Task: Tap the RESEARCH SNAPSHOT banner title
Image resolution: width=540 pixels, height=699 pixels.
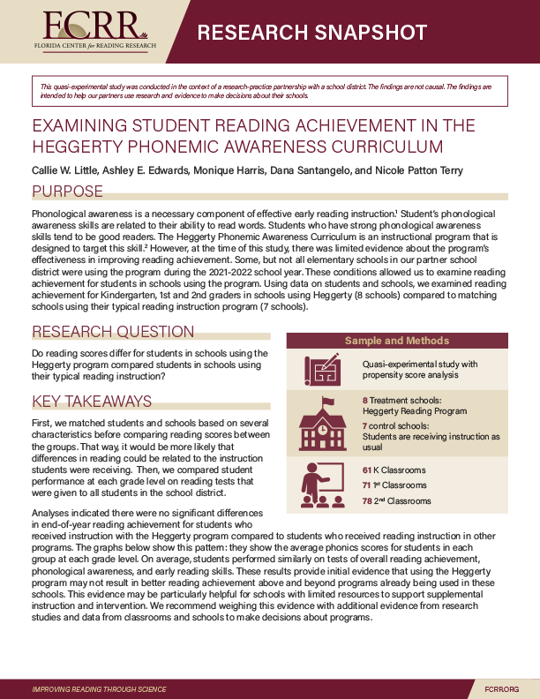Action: click(311, 34)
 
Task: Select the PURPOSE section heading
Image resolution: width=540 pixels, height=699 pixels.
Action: click(67, 192)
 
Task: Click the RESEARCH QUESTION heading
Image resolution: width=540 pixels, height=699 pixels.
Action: click(113, 332)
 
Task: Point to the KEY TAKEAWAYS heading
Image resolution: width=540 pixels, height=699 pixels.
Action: click(92, 402)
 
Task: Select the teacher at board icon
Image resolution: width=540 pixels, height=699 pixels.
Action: click(323, 484)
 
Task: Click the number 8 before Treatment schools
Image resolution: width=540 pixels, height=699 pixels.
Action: click(365, 400)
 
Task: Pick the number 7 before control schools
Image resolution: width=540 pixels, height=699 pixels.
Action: click(365, 425)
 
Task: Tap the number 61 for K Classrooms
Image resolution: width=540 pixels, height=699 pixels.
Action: click(368, 470)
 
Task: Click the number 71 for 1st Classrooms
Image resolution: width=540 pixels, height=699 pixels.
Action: click(367, 485)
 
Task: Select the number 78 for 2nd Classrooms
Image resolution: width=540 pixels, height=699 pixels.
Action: click(368, 501)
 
